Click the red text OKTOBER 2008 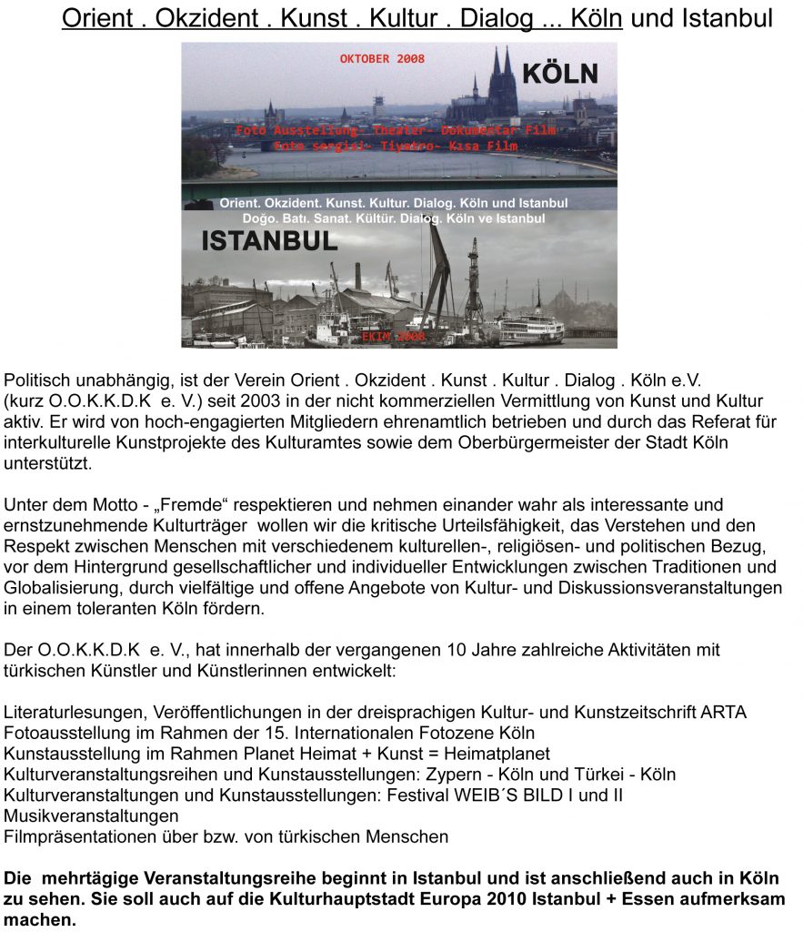[382, 59]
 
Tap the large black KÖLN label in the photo [560, 74]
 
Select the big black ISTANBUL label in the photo [269, 241]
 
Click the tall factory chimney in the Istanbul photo [357, 276]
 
